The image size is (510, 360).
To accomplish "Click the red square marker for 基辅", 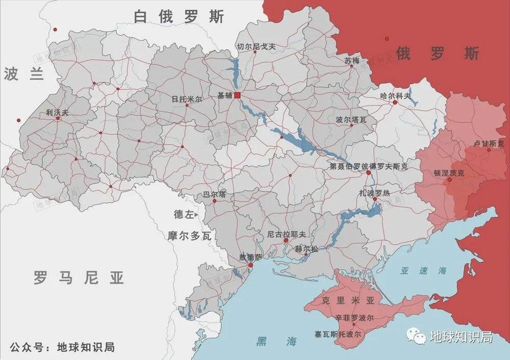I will point(237,95).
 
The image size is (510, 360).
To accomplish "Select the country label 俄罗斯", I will point(437,53).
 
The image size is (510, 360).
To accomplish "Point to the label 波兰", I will point(23,74).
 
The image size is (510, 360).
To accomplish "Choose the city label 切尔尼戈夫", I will point(256,46).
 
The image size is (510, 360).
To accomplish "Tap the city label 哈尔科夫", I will point(395,95).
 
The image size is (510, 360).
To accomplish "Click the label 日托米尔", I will point(187,99).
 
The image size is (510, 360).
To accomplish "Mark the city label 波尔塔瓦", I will point(351,120).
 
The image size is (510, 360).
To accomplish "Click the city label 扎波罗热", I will point(374,192).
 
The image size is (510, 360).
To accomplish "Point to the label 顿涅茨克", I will point(449,173).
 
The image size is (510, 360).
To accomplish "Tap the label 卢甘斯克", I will point(489,143).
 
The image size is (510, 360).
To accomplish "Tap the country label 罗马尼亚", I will point(79,278).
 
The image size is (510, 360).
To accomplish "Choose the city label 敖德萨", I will point(250,257).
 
